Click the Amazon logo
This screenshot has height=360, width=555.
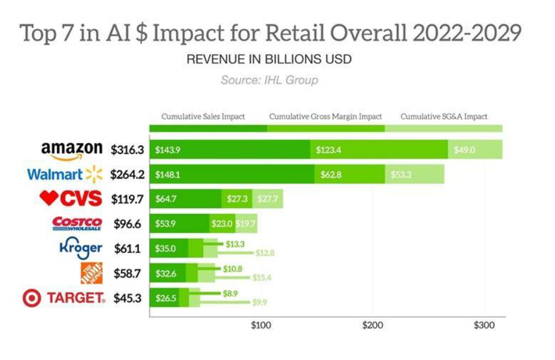[x=71, y=151]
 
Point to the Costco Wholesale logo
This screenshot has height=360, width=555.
[x=77, y=223]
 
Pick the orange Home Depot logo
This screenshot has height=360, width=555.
[x=91, y=273]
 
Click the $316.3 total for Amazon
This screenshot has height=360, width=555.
[x=128, y=150]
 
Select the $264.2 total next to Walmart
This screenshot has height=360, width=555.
[x=127, y=175]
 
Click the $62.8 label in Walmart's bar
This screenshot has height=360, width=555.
[x=328, y=175]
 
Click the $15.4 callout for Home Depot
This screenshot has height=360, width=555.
[x=262, y=277]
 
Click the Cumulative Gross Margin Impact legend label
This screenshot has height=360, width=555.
[x=326, y=116]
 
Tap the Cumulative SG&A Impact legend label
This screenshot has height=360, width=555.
[x=444, y=116]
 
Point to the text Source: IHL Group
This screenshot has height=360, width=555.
[x=269, y=80]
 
